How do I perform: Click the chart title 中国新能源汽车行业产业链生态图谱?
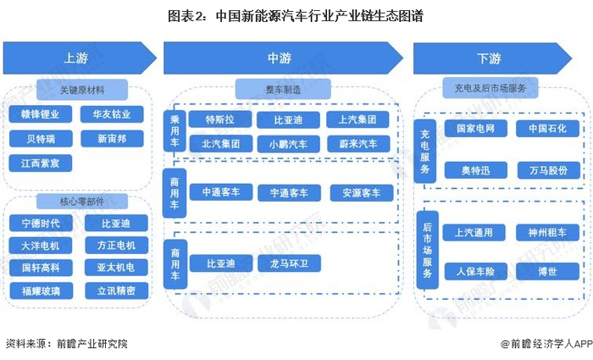point(297,14)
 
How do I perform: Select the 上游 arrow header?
point(75,58)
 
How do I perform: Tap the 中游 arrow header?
point(280,58)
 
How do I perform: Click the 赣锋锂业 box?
point(41,114)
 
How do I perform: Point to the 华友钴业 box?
point(114,114)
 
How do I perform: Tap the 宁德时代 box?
point(41,224)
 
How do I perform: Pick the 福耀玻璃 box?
point(41,290)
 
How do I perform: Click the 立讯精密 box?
point(116,290)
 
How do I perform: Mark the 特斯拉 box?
point(220,119)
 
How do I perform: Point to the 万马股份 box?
point(549,170)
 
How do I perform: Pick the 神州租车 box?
point(549,231)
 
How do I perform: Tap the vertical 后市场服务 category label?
point(429,250)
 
